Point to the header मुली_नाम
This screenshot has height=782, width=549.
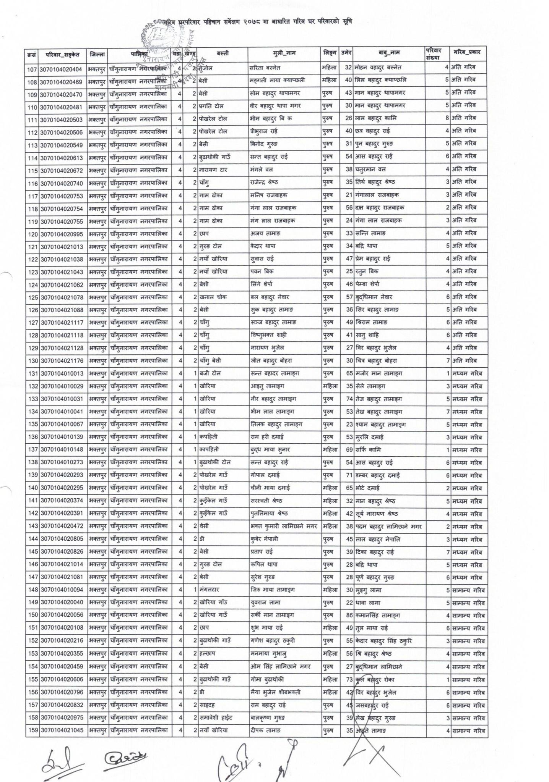[x=284, y=54]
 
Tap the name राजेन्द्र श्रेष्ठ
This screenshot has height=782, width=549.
[x=267, y=182]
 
